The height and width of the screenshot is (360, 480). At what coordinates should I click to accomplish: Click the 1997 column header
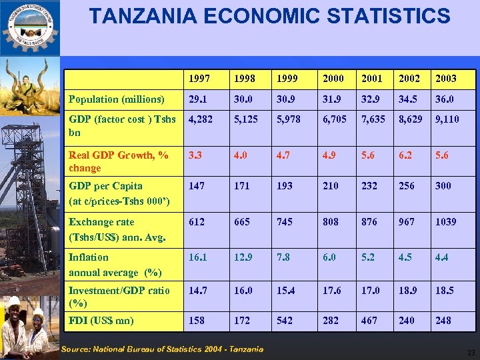click(199, 79)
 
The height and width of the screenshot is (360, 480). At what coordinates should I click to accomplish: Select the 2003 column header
click(445, 79)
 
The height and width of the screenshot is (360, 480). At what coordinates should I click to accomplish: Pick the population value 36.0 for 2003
click(445, 99)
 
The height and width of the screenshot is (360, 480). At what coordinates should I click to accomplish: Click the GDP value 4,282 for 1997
click(201, 120)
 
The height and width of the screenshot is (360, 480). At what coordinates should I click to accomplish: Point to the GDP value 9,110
click(447, 120)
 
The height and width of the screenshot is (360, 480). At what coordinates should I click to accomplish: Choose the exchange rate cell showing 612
click(197, 222)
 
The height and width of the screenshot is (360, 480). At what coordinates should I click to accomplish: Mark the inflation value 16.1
click(198, 257)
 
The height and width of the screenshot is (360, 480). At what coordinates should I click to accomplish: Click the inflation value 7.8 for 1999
click(284, 257)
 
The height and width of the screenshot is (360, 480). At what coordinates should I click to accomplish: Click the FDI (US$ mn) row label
click(101, 321)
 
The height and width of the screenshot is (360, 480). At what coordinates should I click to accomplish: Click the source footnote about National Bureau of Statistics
click(162, 349)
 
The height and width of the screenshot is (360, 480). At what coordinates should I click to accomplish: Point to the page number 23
click(471, 353)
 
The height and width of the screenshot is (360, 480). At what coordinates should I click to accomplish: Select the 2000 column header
click(333, 79)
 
